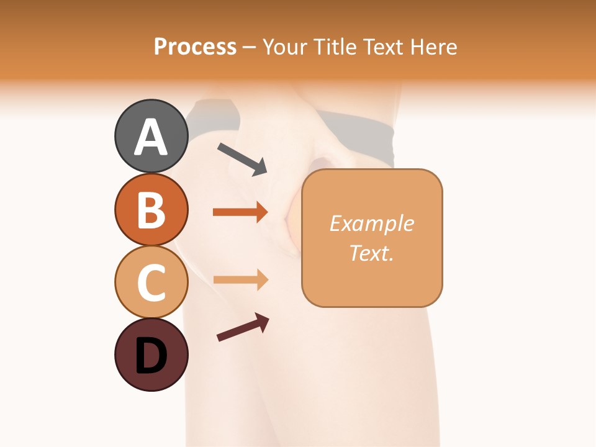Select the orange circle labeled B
(x=151, y=209)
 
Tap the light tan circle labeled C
(x=151, y=282)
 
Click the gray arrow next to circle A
(x=242, y=159)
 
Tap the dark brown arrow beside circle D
(x=243, y=327)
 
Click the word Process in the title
(x=195, y=47)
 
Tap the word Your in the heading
(x=285, y=47)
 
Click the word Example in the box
(x=371, y=223)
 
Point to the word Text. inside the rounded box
(x=371, y=253)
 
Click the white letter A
(x=151, y=138)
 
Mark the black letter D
(x=151, y=356)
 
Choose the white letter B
(x=151, y=210)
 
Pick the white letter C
(x=151, y=283)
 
